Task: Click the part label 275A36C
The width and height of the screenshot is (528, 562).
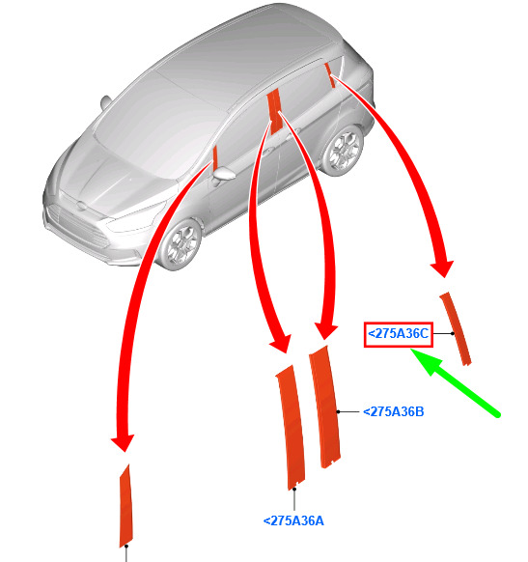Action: point(399,334)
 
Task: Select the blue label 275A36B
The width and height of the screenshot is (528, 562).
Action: point(394,411)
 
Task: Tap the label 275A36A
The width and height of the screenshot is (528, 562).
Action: point(293,520)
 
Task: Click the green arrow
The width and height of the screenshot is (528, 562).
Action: point(455,382)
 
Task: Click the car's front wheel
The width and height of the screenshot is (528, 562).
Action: point(181,243)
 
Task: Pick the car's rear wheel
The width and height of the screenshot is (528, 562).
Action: point(343,150)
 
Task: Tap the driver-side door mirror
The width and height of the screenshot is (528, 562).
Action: point(224,174)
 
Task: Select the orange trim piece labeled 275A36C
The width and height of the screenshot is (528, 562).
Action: point(456,328)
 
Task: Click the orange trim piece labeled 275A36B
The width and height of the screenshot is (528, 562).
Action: point(325,407)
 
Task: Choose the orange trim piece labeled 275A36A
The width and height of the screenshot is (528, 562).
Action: point(291,428)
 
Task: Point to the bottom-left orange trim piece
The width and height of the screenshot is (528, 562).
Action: point(125,506)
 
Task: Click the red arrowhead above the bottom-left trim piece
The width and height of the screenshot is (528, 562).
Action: point(123,442)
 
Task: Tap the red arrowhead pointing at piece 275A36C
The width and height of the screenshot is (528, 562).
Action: point(442,268)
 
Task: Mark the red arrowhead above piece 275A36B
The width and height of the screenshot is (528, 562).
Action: point(325,330)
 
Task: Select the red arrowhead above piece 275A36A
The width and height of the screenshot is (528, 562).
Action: point(281,344)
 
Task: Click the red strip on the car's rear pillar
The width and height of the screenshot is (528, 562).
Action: point(330,75)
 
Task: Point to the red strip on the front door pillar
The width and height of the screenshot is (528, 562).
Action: point(215,157)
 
